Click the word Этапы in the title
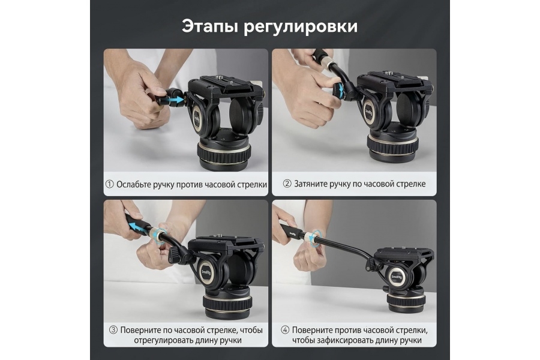208,26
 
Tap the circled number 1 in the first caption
109,184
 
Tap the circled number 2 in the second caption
287,184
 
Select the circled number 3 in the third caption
113,330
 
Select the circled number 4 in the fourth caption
285,330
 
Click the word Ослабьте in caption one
136,184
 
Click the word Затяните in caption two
313,184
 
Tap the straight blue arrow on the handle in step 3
139,227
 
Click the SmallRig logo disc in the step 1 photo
199,118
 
